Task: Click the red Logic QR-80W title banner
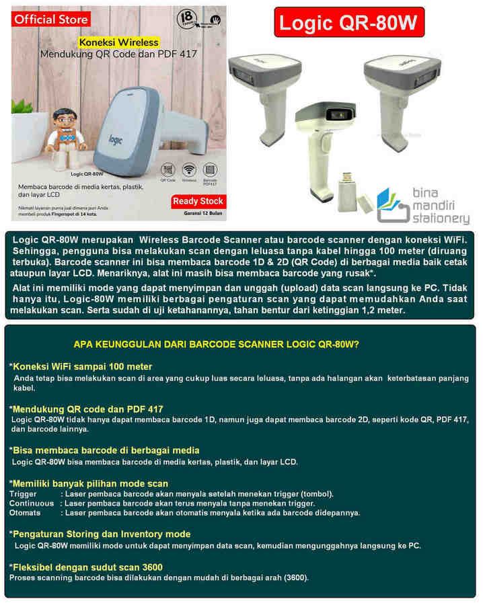(x=349, y=24)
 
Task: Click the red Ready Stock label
(x=198, y=201)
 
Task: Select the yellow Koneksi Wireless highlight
(x=118, y=42)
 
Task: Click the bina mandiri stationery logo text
(x=441, y=205)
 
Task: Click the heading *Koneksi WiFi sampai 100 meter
(x=80, y=366)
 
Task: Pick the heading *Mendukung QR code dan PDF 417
(x=85, y=409)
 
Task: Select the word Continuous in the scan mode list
(x=32, y=503)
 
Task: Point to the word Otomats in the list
(x=25, y=512)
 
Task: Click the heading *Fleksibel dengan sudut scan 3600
(x=85, y=567)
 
